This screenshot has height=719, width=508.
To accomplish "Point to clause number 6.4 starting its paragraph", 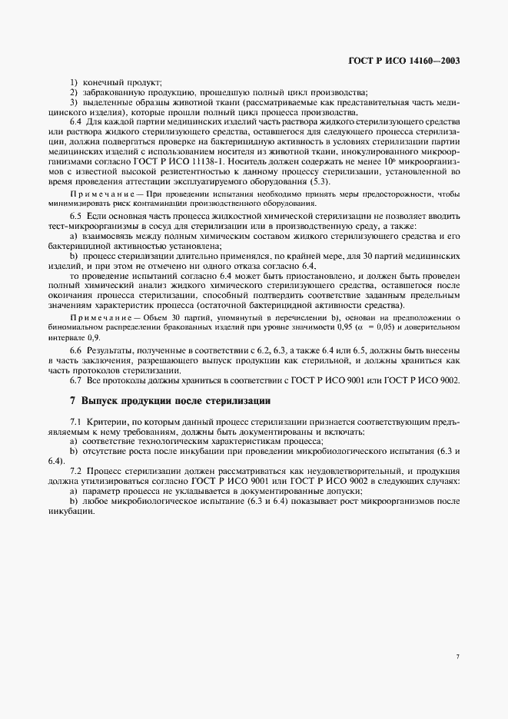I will (x=76, y=122).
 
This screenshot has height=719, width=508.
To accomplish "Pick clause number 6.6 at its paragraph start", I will (x=76, y=350).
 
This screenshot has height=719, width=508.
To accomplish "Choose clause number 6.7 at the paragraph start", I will (x=76, y=380).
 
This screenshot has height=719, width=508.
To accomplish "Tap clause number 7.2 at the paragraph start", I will (x=76, y=469).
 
